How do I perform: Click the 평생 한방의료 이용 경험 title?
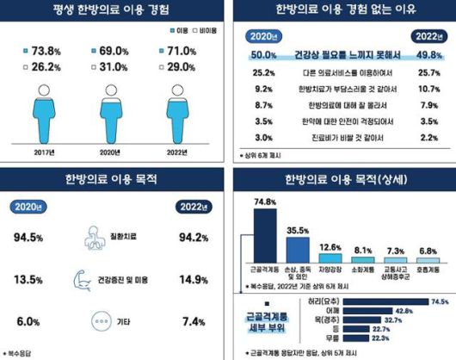point(113,11)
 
